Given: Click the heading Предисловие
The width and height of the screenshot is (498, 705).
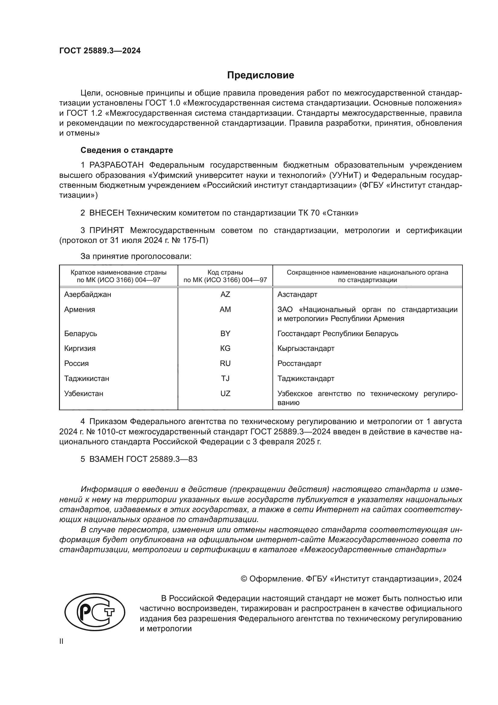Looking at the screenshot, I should coord(260,75).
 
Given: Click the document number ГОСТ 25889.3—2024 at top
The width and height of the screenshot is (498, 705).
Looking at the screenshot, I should coord(100,51).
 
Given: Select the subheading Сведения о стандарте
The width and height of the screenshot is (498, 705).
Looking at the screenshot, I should coord(127,150).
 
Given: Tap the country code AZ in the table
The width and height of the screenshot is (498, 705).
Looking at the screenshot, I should coord(225,294).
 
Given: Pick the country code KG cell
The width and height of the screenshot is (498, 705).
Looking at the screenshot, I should coord(225,348).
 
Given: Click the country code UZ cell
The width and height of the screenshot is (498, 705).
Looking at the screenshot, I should coord(225,393).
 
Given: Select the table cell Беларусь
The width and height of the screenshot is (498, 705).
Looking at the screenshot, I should coord(81,333).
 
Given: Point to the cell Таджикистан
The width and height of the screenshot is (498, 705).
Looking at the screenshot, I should coord(86,378).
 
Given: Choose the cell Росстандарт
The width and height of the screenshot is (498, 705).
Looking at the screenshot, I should coord(299,363).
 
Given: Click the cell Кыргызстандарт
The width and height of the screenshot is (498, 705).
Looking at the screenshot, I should coord(306,348).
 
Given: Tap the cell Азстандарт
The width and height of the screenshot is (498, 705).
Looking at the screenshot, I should coord(297,294).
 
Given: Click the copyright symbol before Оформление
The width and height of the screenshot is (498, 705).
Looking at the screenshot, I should coord(244,579).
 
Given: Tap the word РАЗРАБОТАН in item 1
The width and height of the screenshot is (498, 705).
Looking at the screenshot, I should coord(117,165).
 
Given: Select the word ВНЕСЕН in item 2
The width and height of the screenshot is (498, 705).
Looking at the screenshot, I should coord(106,213).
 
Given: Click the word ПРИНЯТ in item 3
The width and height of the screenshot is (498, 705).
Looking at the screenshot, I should coord(106,230).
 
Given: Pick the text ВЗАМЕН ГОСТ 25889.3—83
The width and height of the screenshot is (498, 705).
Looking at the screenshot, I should coord(143,459).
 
